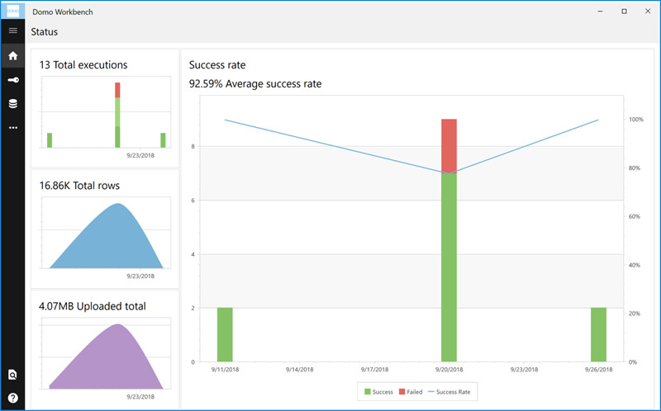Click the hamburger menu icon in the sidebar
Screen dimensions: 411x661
point(12,31)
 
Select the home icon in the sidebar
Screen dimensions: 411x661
point(12,56)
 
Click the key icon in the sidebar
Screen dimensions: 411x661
point(12,80)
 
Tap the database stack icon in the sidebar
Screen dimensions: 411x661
point(12,104)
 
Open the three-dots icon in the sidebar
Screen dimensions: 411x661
point(12,128)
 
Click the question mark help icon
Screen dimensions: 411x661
point(12,398)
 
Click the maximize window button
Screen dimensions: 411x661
point(623,11)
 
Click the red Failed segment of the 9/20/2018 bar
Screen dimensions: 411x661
point(449,146)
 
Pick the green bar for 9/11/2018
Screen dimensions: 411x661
point(225,334)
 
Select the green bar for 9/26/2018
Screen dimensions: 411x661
point(599,334)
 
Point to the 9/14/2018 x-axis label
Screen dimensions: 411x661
point(299,371)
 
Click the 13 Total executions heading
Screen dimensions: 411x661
point(83,64)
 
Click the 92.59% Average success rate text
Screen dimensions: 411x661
point(255,83)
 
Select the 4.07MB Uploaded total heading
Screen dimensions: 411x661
point(93,306)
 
